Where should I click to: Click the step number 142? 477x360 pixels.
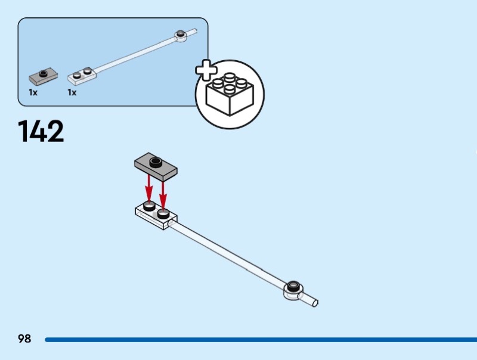(x=41, y=131)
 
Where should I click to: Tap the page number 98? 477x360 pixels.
(x=24, y=339)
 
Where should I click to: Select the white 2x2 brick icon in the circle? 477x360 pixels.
(x=230, y=95)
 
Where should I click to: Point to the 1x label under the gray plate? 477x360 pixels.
(x=33, y=92)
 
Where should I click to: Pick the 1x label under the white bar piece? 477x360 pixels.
(x=72, y=92)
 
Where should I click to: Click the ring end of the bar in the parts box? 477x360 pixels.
(x=180, y=36)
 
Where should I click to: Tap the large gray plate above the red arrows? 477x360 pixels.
(x=156, y=165)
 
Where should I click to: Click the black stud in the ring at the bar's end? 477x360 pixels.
(x=293, y=285)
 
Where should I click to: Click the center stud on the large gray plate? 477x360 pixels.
(x=156, y=161)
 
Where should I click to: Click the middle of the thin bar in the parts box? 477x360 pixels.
(x=134, y=54)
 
